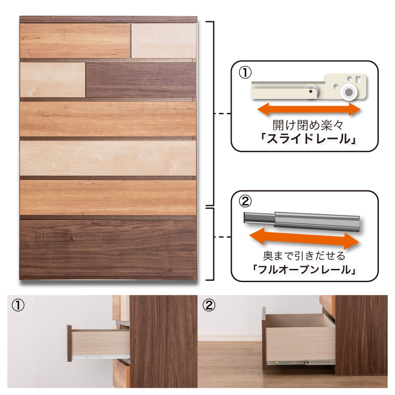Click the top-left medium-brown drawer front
[75, 41]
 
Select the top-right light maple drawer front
[164, 41]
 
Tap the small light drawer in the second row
[53, 80]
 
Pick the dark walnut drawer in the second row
[141, 80]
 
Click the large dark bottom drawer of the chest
[108, 248]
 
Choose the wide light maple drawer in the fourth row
[108, 158]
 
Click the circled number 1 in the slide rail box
[245, 73]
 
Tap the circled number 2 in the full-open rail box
[245, 201]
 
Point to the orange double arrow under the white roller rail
[309, 109]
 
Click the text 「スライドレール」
[308, 139]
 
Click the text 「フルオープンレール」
[304, 269]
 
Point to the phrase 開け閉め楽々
[308, 125]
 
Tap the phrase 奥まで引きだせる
[304, 256]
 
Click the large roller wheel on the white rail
[349, 92]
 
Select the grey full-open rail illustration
[302, 221]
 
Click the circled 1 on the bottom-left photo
[18, 305]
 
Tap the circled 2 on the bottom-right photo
[209, 305]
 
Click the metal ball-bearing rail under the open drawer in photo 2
[301, 363]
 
